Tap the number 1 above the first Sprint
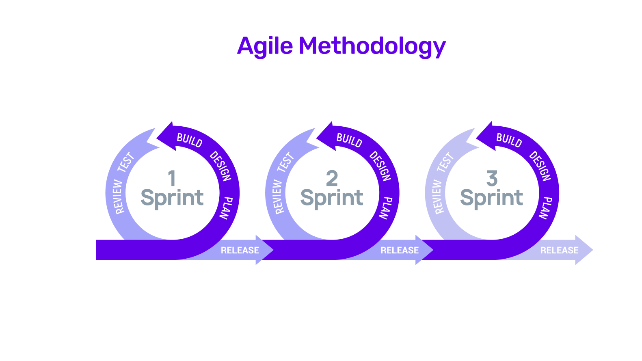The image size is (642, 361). point(172,178)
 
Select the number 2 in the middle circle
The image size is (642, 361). point(332,178)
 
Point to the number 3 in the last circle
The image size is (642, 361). point(492,178)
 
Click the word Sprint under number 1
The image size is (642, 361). point(172,199)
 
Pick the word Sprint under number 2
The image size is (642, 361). point(332,199)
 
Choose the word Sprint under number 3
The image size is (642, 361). point(492,199)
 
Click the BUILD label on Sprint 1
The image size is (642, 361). point(190,140)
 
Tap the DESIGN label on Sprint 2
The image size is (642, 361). point(380,166)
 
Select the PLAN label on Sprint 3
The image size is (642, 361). point(546,208)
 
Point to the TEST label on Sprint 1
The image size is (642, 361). point(126,162)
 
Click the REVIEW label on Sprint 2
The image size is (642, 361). point(278,197)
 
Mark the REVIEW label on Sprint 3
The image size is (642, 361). point(438,197)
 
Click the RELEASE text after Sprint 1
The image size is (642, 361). point(240,251)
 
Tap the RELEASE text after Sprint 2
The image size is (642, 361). point(400,251)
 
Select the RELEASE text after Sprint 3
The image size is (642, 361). point(559,251)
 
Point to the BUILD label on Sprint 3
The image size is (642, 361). point(509,140)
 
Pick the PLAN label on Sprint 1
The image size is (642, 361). point(226,208)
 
